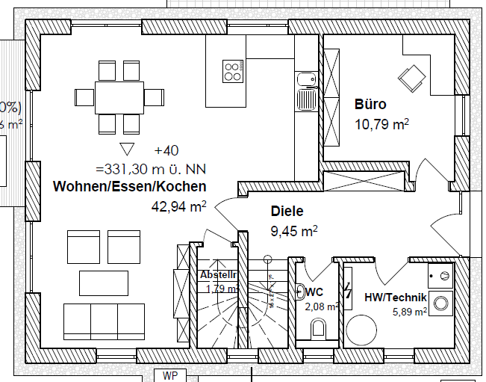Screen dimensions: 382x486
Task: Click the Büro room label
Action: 370,105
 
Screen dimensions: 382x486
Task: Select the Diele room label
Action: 287,212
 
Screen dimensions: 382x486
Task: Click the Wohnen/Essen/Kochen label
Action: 129,186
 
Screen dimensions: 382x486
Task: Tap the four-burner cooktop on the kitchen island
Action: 233,72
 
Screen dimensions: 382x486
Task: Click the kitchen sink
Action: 306,99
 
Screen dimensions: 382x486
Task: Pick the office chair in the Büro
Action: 411,77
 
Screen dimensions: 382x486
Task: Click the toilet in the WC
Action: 318,327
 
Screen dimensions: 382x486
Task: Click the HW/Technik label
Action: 395,297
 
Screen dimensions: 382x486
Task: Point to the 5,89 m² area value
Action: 410,311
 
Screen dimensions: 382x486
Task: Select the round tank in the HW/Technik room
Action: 366,329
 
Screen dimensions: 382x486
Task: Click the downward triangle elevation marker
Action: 126,149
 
